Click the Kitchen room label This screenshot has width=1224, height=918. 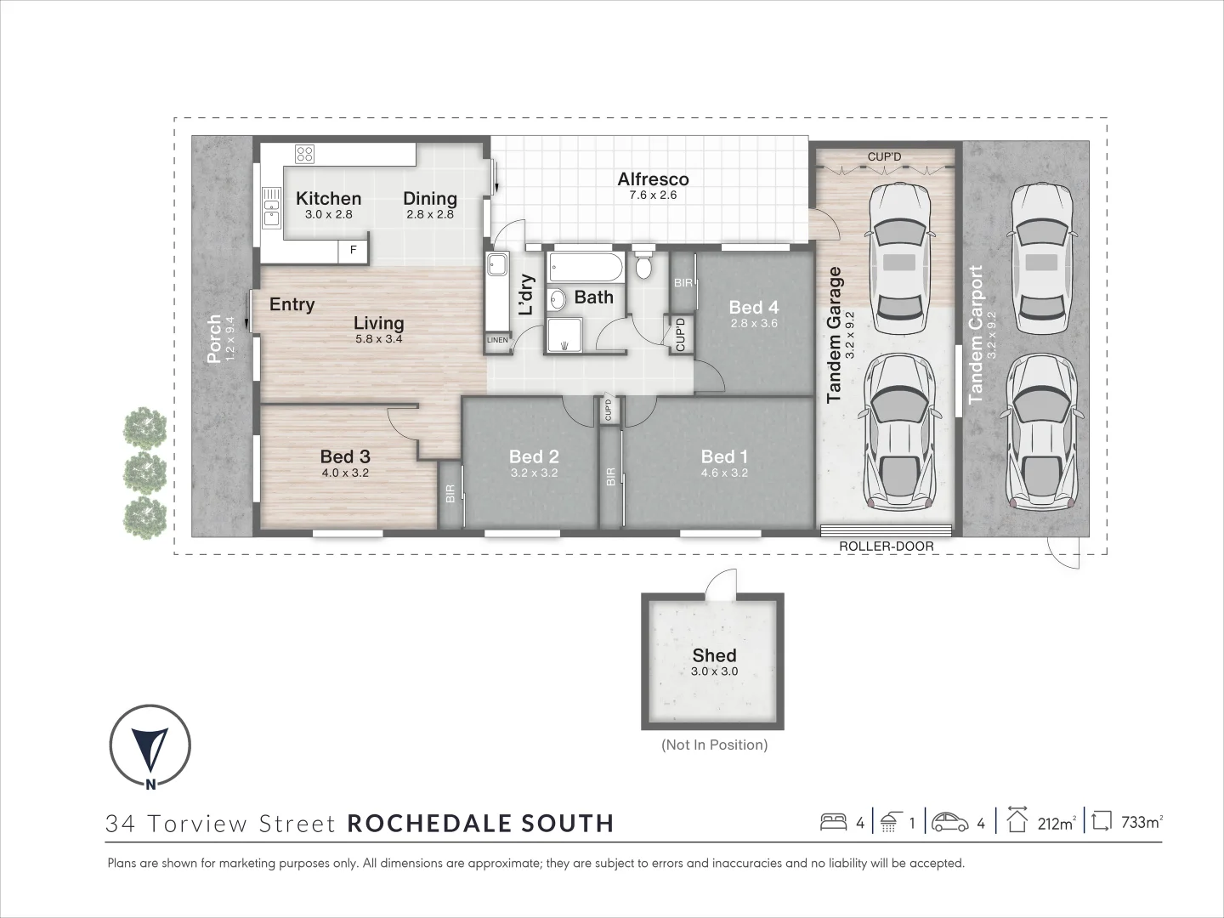coord(328,198)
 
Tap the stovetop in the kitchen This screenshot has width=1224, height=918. coord(304,154)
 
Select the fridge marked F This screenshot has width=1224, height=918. coord(354,251)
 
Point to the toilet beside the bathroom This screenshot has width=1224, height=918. coord(643,265)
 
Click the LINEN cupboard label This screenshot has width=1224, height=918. coord(497,340)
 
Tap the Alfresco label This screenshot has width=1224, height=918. coord(653,179)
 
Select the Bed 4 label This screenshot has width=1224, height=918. coord(753,307)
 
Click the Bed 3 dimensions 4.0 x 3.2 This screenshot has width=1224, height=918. coord(345,473)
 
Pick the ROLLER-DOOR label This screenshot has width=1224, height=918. coord(886,547)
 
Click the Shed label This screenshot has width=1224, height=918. coord(714,655)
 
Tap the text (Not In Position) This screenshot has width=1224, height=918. coord(714,745)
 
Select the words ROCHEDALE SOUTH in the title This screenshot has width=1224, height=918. coord(480,824)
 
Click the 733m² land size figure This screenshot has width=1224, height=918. coord(1140,823)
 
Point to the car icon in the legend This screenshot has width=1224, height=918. coord(950,822)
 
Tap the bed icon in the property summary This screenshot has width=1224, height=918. coord(833,822)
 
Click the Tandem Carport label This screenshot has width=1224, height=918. coord(975,334)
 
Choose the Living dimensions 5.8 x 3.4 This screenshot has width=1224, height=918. coord(378,339)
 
